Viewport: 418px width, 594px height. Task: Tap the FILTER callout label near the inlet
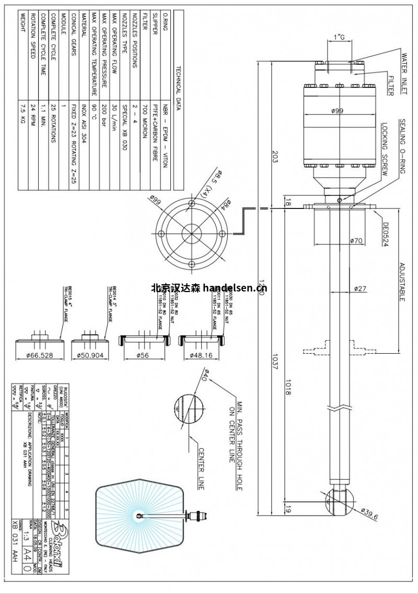pyautogui.click(x=390, y=85)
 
